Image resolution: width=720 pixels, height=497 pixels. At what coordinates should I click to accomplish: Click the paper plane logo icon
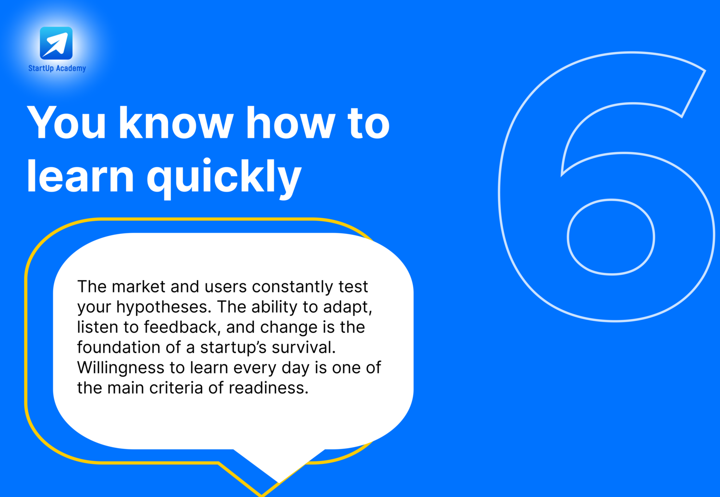tap(56, 43)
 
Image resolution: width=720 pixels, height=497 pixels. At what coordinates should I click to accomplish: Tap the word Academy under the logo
tap(71, 69)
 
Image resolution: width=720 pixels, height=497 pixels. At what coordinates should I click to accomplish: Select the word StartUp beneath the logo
tap(41, 69)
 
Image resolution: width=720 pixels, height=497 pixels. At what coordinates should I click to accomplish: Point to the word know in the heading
tap(176, 122)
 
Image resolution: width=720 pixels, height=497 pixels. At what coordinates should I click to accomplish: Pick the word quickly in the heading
tap(224, 178)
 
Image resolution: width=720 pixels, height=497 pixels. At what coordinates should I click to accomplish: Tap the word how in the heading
tap(291, 122)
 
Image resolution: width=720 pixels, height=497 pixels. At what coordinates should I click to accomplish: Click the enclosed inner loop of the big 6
tap(611, 237)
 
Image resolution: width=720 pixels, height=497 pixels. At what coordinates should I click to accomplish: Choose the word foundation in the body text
tap(119, 348)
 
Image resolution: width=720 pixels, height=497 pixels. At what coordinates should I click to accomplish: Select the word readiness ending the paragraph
tap(268, 388)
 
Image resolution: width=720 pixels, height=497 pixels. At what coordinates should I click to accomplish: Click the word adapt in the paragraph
tap(348, 307)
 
